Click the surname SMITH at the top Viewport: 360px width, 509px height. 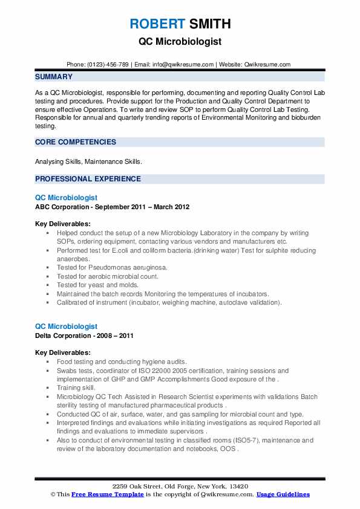[209, 24]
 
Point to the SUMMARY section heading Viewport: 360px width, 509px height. [54, 77]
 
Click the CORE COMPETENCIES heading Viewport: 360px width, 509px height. [76, 142]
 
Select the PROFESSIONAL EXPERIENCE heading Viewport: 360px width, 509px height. [88, 179]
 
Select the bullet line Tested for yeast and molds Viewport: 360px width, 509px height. [97, 285]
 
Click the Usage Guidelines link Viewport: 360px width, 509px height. [283, 494]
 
